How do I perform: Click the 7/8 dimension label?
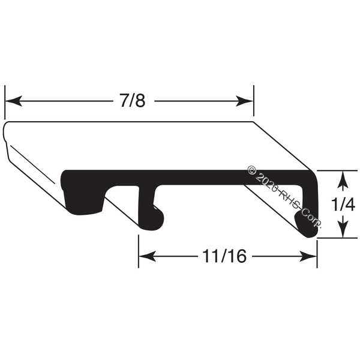click(x=133, y=101)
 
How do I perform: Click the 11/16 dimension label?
click(x=224, y=256)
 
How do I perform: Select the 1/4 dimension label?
click(x=343, y=205)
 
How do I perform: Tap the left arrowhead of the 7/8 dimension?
click(x=14, y=101)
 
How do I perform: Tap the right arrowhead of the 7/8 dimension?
click(x=244, y=101)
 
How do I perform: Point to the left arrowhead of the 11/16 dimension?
click(x=148, y=256)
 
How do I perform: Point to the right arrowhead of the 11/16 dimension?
click(x=308, y=256)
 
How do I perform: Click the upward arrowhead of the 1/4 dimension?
click(x=343, y=179)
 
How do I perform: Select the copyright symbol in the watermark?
click(x=252, y=170)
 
